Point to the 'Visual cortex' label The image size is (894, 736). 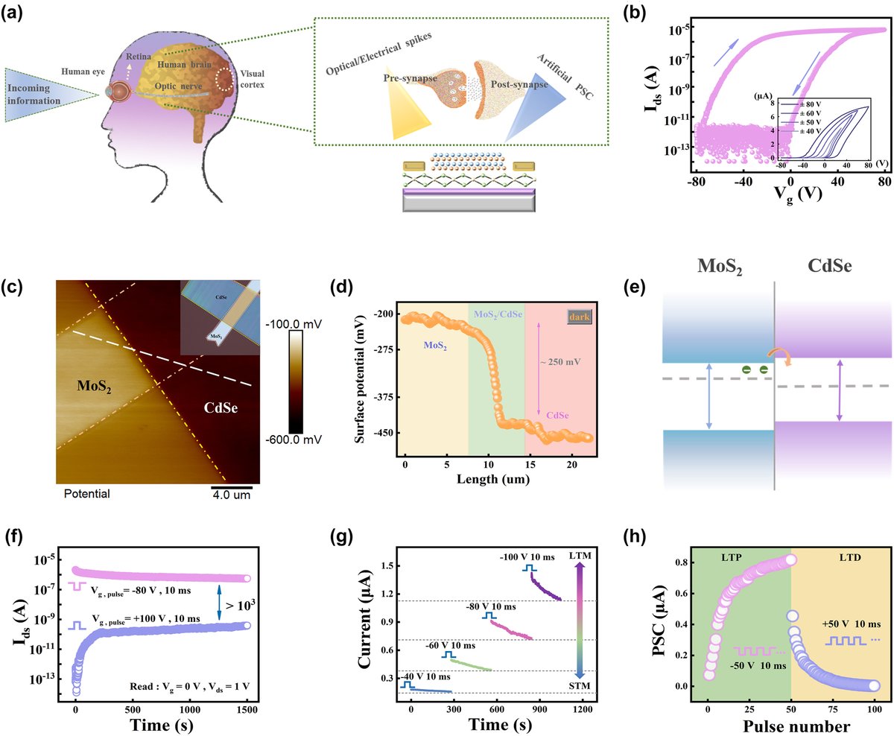click(252, 79)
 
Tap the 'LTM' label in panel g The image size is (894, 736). click(578, 558)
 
